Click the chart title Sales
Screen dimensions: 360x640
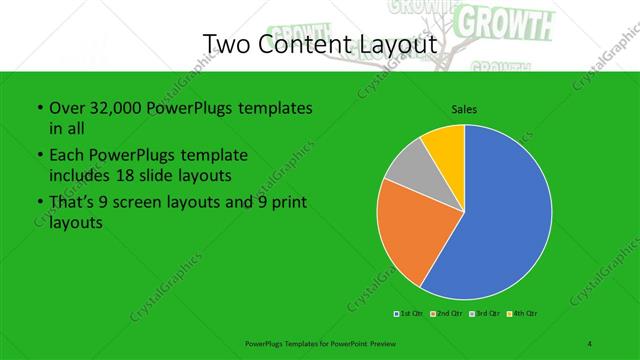click(x=464, y=109)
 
